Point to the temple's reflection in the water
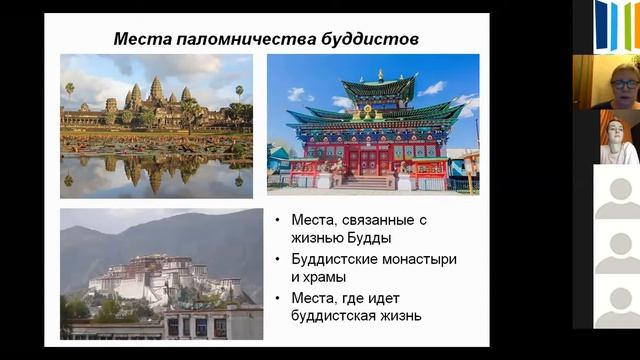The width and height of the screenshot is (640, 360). click(155, 173)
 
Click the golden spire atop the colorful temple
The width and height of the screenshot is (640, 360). click(380, 75)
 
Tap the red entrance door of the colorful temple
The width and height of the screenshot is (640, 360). click(368, 162)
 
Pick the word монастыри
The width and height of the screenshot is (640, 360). click(416, 259)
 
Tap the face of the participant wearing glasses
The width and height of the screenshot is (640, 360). click(623, 85)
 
